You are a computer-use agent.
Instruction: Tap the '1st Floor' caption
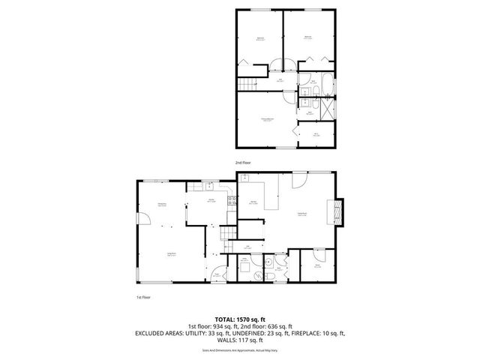click(143, 297)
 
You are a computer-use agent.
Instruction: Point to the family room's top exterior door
click(298, 181)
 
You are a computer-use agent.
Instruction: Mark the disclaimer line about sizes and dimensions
click(239, 349)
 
